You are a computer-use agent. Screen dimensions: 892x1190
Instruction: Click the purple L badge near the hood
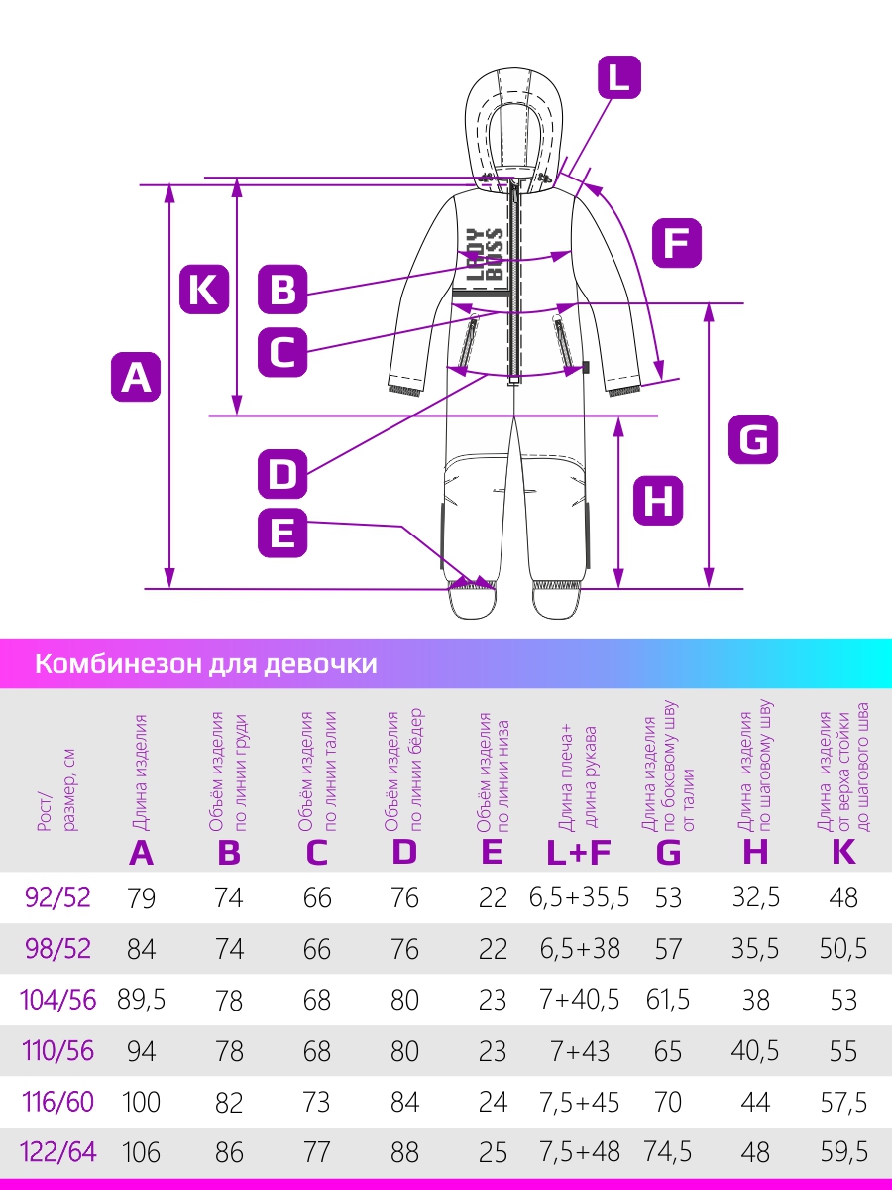(619, 77)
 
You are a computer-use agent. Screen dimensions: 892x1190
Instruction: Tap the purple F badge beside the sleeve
(677, 243)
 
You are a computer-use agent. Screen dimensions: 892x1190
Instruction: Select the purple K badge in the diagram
(204, 290)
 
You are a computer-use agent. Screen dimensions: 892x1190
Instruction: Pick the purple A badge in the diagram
(136, 377)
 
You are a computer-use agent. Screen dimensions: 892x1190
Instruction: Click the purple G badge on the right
(753, 439)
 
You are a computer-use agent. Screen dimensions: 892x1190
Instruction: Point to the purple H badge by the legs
(658, 501)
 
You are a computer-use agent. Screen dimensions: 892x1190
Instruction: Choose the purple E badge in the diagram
(282, 533)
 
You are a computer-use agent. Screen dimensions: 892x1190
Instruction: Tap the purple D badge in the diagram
(282, 474)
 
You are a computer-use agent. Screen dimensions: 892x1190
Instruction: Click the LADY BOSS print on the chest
(485, 255)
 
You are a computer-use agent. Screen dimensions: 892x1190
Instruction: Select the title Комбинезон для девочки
(206, 663)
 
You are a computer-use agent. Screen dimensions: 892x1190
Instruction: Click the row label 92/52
(57, 897)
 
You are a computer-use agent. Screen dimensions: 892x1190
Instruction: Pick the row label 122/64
(57, 1151)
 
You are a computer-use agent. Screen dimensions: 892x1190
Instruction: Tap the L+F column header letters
(579, 852)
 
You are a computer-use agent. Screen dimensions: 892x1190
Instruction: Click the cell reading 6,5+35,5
(579, 897)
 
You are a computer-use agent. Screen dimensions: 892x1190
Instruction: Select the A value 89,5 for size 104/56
(141, 1000)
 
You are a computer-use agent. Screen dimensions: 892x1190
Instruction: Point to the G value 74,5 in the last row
(668, 1152)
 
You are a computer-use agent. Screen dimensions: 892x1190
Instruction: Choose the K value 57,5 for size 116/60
(843, 1101)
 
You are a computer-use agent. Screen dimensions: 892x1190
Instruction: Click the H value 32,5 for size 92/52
(755, 897)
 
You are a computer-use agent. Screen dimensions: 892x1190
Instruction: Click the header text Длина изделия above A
(141, 773)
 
